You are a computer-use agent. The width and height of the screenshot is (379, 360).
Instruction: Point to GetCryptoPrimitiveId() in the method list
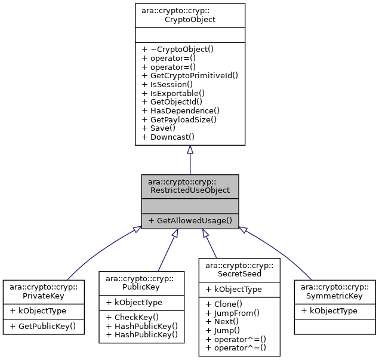(190, 75)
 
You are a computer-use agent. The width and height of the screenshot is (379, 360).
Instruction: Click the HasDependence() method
(181, 110)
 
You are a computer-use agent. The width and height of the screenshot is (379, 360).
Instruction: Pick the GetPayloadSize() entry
(183, 119)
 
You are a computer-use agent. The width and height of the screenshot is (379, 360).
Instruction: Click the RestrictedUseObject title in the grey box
(190, 186)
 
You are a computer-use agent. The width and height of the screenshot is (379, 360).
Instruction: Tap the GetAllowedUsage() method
(190, 220)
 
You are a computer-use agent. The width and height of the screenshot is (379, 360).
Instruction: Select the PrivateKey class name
(44, 291)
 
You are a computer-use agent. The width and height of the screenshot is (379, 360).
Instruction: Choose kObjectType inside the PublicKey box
(133, 302)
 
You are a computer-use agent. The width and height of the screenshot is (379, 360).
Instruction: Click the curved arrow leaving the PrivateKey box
(90, 257)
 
